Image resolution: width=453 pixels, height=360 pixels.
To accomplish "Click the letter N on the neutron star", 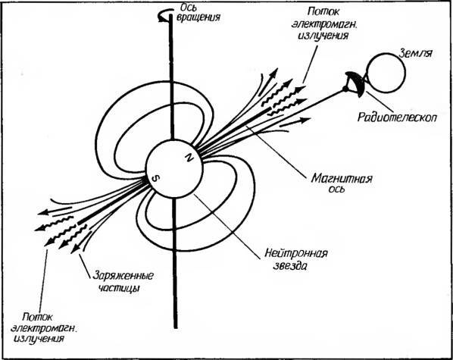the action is [189, 158].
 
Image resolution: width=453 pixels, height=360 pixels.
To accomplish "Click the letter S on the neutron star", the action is [156, 179].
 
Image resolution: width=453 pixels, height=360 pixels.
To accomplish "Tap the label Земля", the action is [416, 54].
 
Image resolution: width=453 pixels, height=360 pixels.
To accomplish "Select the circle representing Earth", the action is [386, 73].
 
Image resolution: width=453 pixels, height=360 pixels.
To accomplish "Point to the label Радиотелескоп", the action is [397, 117].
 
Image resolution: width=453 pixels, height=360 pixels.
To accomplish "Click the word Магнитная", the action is [342, 178].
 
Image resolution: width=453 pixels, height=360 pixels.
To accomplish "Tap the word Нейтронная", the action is [296, 253].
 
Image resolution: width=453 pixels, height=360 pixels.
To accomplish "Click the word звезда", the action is [290, 266].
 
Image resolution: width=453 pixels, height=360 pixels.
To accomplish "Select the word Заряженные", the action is [123, 276].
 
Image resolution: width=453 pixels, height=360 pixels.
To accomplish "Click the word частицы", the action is [119, 288].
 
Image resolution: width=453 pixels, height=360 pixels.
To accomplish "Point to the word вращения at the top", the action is [198, 17].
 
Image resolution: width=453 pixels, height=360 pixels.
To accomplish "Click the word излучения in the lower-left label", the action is [39, 339].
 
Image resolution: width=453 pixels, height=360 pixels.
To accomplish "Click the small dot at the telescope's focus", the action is [345, 89].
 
